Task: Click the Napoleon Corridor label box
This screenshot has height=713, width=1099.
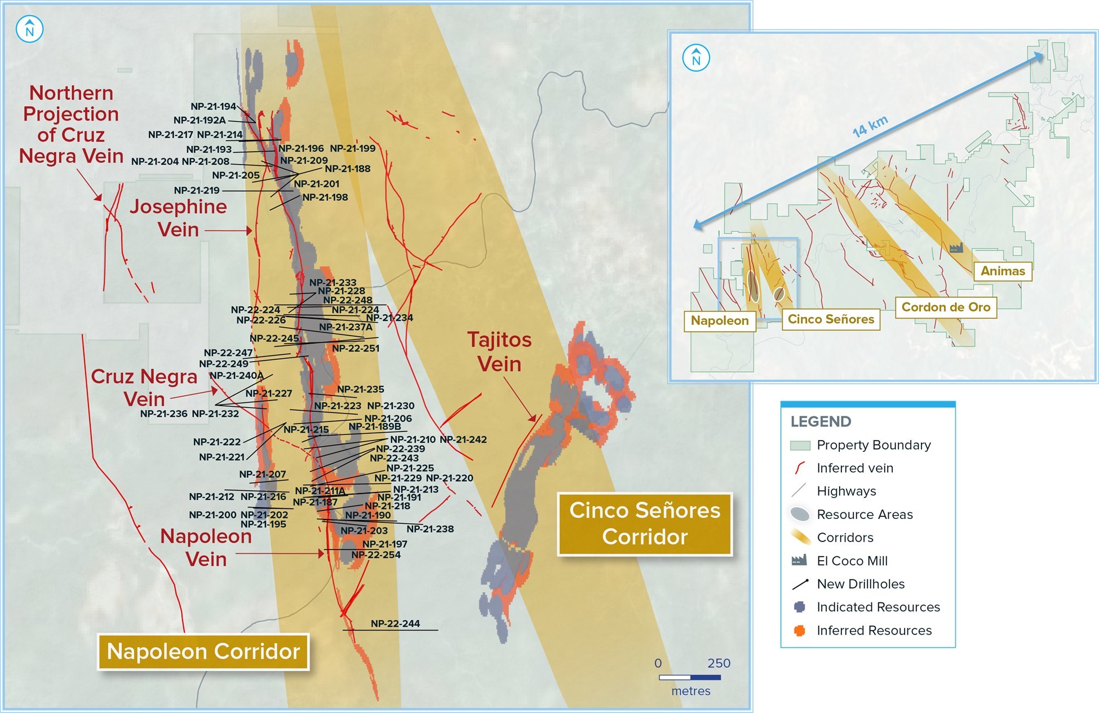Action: coord(203,652)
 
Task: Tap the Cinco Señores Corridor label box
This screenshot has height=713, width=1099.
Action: coord(645,523)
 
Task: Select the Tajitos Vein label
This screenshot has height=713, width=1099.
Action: coord(499,352)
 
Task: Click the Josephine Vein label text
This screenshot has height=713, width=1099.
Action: coord(178,218)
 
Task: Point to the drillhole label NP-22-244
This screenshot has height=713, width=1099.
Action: coord(395,623)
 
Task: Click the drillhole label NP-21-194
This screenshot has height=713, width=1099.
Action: coord(213,106)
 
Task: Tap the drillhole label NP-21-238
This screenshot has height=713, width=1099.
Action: coord(430,529)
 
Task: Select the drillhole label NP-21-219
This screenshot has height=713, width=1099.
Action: coord(197,190)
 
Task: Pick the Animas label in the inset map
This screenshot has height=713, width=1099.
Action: coord(1003,271)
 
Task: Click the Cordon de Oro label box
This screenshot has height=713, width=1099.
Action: coord(946,307)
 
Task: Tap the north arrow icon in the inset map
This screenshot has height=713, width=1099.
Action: coord(696,58)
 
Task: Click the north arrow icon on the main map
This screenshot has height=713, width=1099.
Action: coord(30,29)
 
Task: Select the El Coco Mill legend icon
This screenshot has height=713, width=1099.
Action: coord(799,560)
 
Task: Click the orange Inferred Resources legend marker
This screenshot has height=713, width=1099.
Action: coord(799,630)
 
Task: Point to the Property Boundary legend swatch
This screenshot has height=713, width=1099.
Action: coord(800,445)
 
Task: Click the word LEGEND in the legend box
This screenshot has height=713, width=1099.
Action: coord(821,421)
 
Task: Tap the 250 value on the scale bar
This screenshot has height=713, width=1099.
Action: coord(719,663)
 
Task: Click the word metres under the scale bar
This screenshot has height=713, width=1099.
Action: coord(690,690)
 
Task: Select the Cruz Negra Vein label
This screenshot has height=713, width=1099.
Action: coord(144,388)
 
